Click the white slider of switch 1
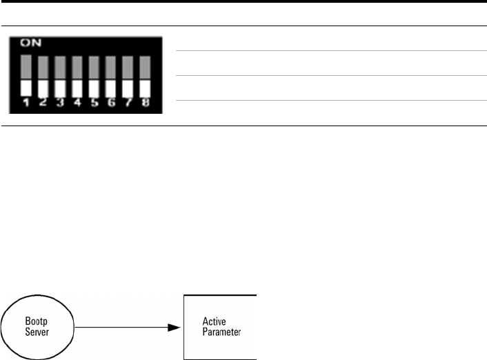tap(25, 88)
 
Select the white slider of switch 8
tap(145, 88)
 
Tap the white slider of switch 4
tap(77, 88)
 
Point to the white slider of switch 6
tap(110, 88)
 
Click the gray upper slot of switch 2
tap(42, 68)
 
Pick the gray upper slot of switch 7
tap(128, 68)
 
